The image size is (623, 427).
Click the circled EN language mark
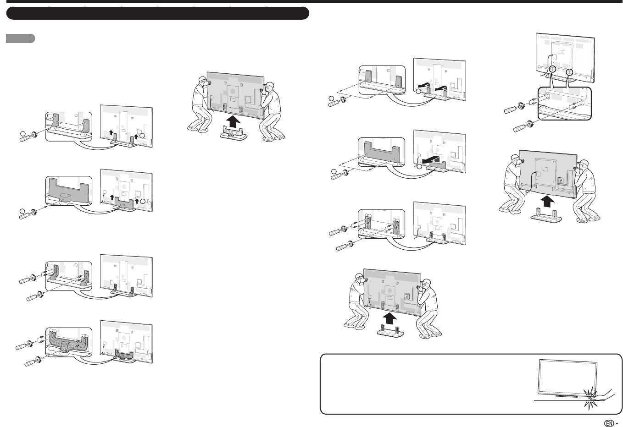click(x=609, y=423)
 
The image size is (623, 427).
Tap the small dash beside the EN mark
click(x=617, y=423)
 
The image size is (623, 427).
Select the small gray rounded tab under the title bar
click(x=20, y=38)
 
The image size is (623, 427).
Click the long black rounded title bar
click(x=158, y=13)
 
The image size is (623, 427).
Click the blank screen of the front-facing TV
click(x=567, y=377)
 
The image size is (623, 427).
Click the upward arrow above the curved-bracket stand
click(x=233, y=122)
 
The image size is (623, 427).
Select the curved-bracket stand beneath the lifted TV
click(x=234, y=133)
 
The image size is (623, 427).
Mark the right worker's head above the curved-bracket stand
click(x=269, y=88)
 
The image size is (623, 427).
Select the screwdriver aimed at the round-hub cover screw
click(x=28, y=214)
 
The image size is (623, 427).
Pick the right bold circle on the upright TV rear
click(x=569, y=72)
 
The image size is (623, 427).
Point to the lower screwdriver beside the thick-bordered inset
click(x=523, y=126)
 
